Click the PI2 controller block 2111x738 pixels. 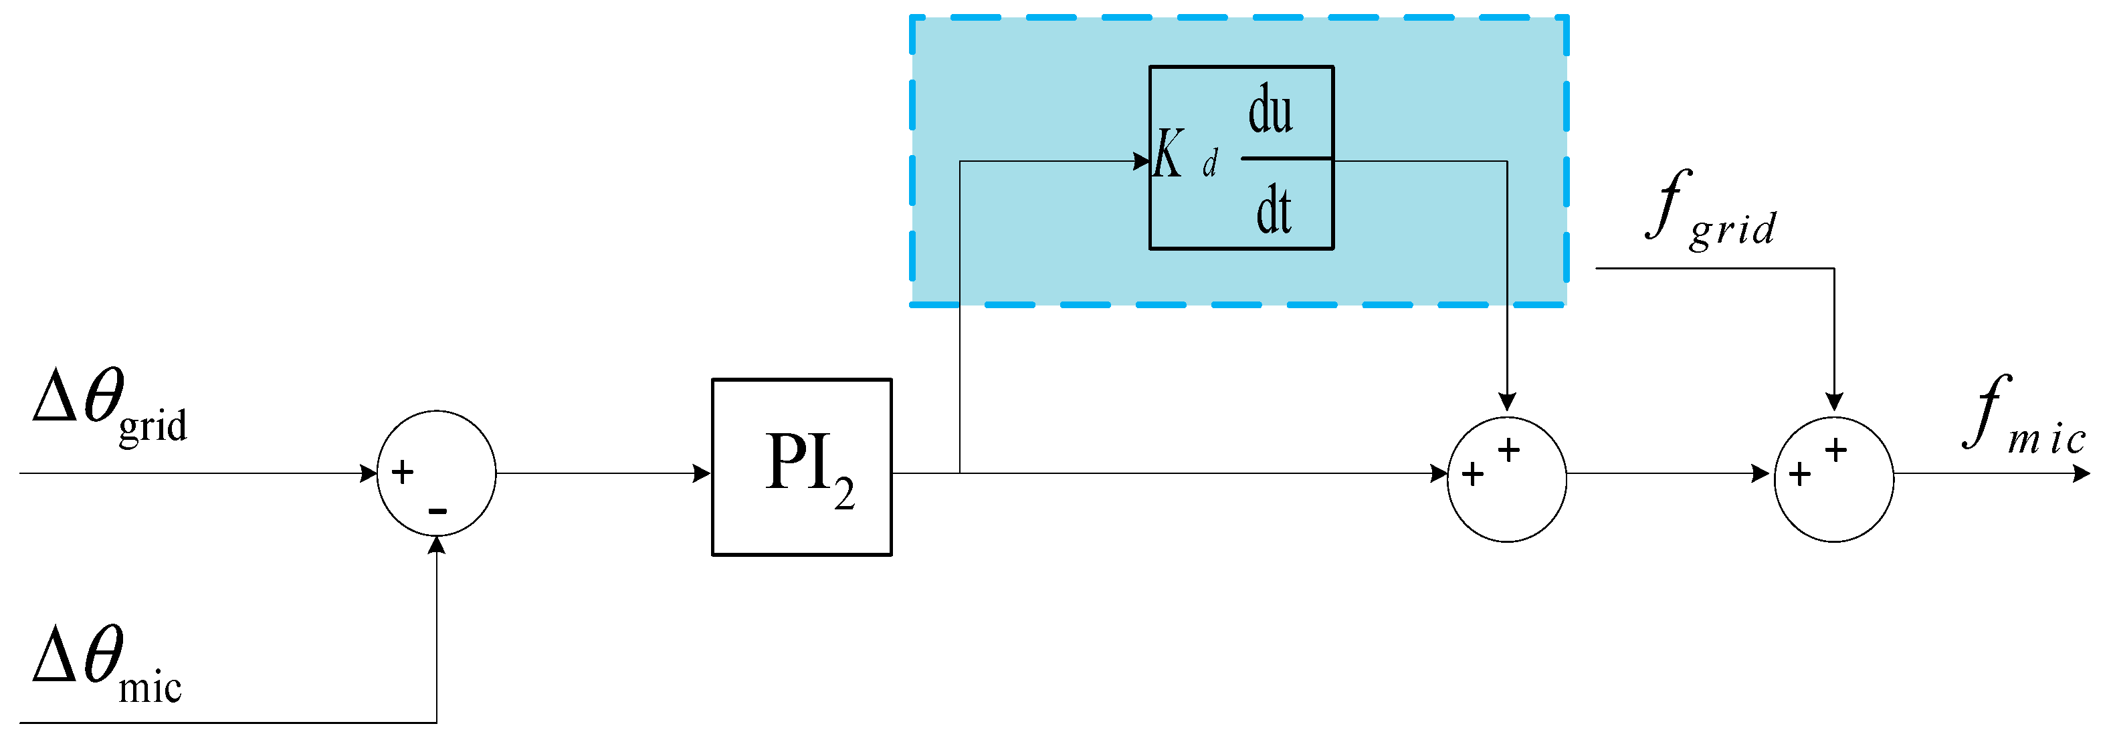tap(801, 467)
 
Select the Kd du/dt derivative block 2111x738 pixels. tap(1241, 157)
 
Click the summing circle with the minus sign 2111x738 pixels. tap(436, 473)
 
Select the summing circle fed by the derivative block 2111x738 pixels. tap(1506, 479)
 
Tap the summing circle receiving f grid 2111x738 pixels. tap(1834, 479)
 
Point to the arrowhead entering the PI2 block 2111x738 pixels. tap(702, 473)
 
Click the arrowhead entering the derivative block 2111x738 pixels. tap(1142, 161)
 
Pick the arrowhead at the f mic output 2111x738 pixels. tap(2082, 473)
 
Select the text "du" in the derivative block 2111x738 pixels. tap(1270, 110)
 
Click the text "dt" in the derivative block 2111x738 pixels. tap(1274, 211)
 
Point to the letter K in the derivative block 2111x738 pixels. tap(1168, 154)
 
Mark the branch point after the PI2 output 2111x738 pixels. tap(960, 473)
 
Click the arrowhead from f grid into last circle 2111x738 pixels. tap(1834, 401)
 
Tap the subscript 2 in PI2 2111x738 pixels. tap(844, 493)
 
